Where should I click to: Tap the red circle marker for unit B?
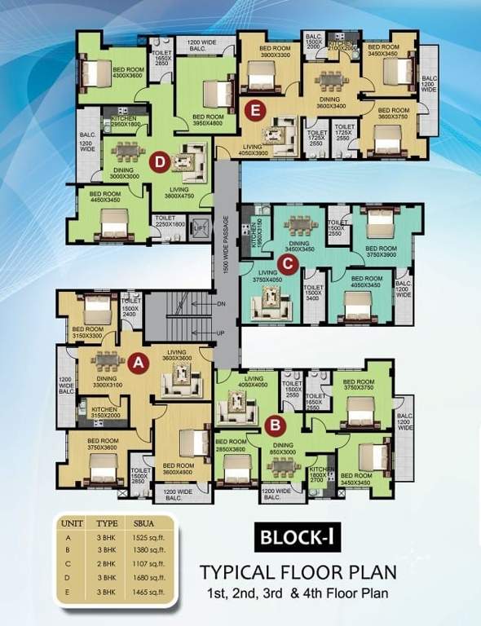click(x=276, y=423)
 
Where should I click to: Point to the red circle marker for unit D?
click(x=160, y=161)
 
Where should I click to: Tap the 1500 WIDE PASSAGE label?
click(x=226, y=244)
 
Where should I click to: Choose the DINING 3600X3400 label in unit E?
click(x=331, y=101)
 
